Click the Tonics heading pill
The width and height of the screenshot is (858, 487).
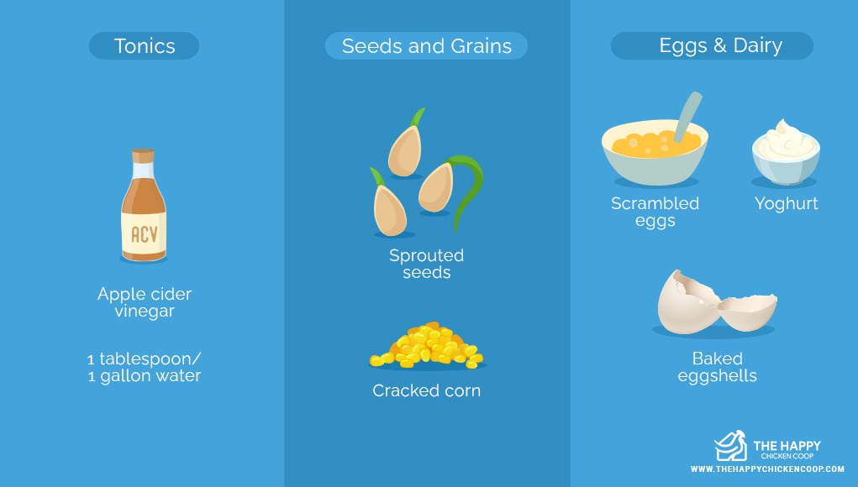tap(144, 45)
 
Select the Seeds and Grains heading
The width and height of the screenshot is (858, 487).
tap(426, 45)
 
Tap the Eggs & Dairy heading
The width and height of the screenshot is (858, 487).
tap(711, 45)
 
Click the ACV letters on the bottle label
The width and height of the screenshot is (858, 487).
tap(144, 234)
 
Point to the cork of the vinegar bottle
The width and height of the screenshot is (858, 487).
tap(144, 156)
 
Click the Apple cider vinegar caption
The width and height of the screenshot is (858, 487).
tap(145, 302)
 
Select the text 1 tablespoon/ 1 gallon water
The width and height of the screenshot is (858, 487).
tap(145, 367)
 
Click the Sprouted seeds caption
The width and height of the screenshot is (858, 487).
tap(426, 264)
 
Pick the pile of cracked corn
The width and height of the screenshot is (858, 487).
tap(427, 345)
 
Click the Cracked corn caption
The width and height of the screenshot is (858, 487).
tap(426, 390)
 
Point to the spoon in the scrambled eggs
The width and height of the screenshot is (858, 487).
tap(687, 117)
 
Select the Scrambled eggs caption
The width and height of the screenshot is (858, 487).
tap(655, 212)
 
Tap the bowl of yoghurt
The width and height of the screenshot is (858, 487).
tap(786, 152)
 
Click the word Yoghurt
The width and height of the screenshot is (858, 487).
tap(787, 203)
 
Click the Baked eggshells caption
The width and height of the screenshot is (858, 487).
tap(718, 367)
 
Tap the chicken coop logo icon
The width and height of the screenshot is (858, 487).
tap(730, 446)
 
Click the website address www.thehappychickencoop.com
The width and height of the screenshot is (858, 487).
tap(767, 469)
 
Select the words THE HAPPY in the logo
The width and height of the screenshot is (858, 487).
tap(787, 446)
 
